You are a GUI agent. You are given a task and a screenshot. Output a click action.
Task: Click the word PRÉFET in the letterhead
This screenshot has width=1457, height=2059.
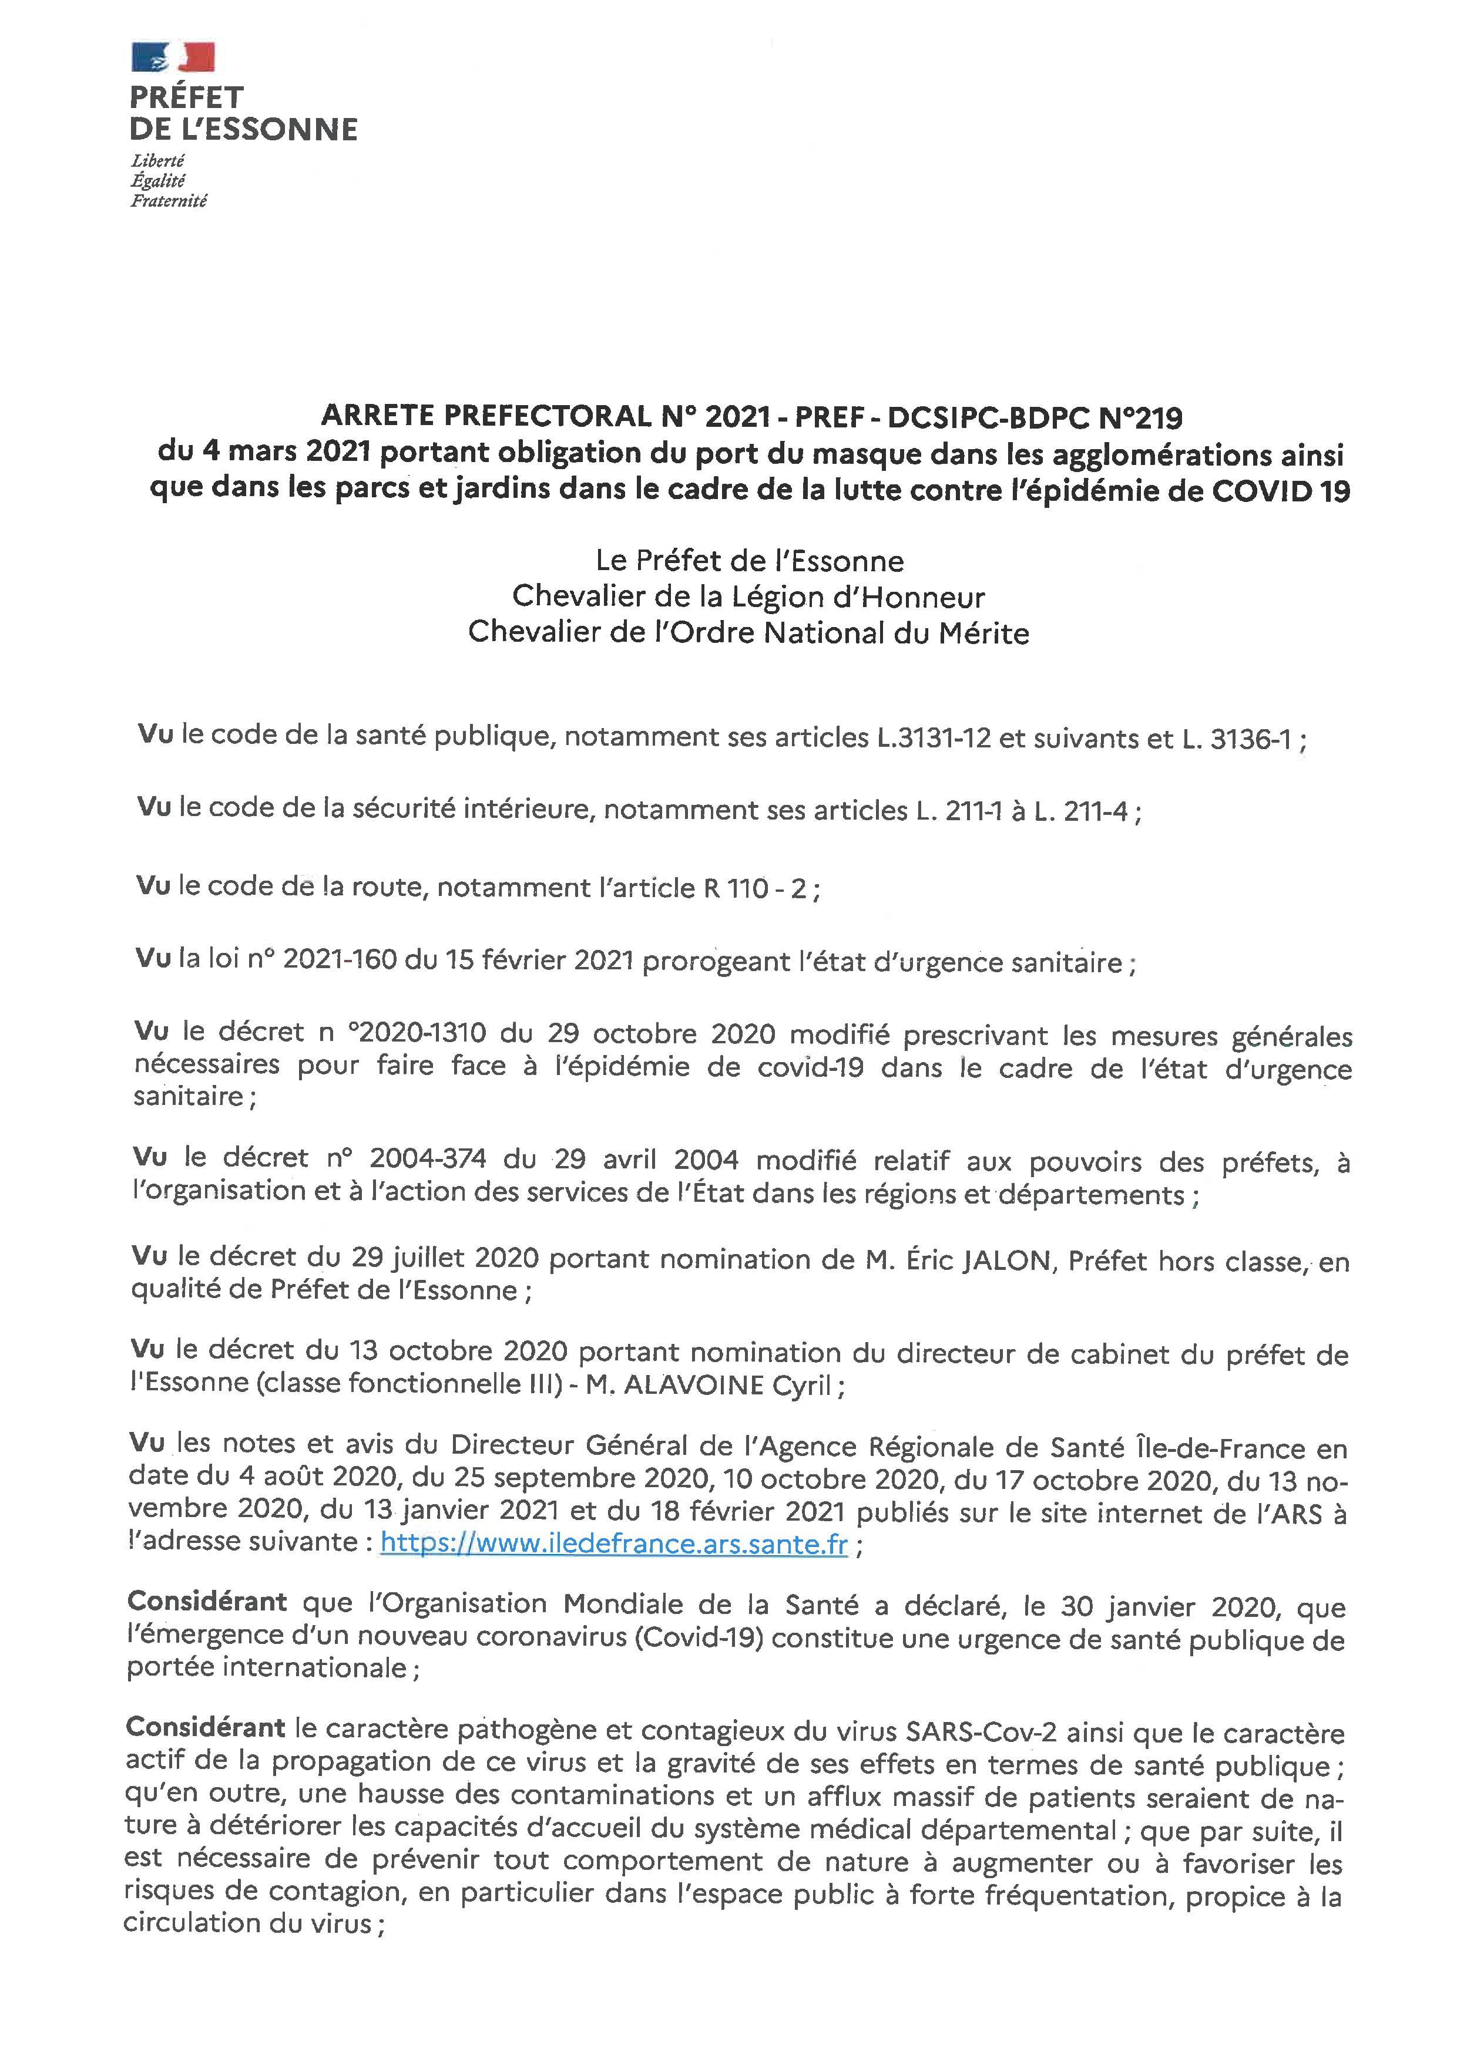(x=187, y=97)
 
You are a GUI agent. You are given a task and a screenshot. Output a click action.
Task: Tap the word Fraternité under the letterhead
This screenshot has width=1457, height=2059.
(x=169, y=202)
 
